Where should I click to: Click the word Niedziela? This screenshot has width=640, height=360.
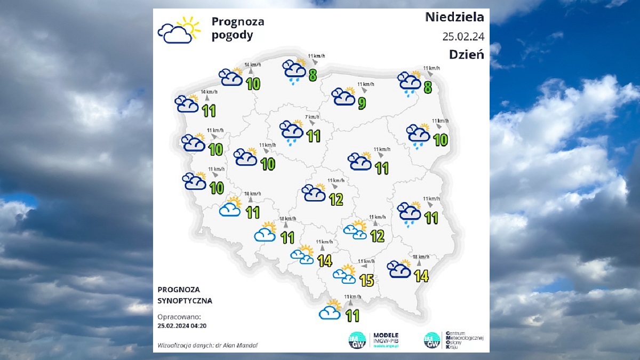pos(454,17)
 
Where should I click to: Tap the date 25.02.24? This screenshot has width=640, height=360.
pos(463,36)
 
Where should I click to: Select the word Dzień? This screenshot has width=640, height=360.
pos(466,54)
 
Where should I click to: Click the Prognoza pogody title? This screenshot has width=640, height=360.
pos(238,29)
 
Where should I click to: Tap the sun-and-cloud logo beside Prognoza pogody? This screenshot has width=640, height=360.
pos(179,30)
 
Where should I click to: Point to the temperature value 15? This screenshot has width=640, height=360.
pos(366,279)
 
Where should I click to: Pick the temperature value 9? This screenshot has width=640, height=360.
pos(362,103)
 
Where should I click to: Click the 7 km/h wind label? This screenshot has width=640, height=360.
pos(312,117)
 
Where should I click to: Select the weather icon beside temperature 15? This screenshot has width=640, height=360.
pos(345,274)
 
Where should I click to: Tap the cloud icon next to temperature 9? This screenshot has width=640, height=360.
pos(343,97)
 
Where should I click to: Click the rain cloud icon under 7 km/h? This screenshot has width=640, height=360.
pos(292,132)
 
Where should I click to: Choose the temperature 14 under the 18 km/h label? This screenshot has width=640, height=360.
pos(421,276)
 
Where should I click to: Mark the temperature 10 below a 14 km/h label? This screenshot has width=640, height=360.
pos(253,84)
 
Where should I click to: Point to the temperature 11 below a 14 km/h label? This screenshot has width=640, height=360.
pos(209,110)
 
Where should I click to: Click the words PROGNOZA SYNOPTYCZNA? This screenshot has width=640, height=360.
pos(185,295)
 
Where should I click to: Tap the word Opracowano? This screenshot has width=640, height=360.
pos(178,316)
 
